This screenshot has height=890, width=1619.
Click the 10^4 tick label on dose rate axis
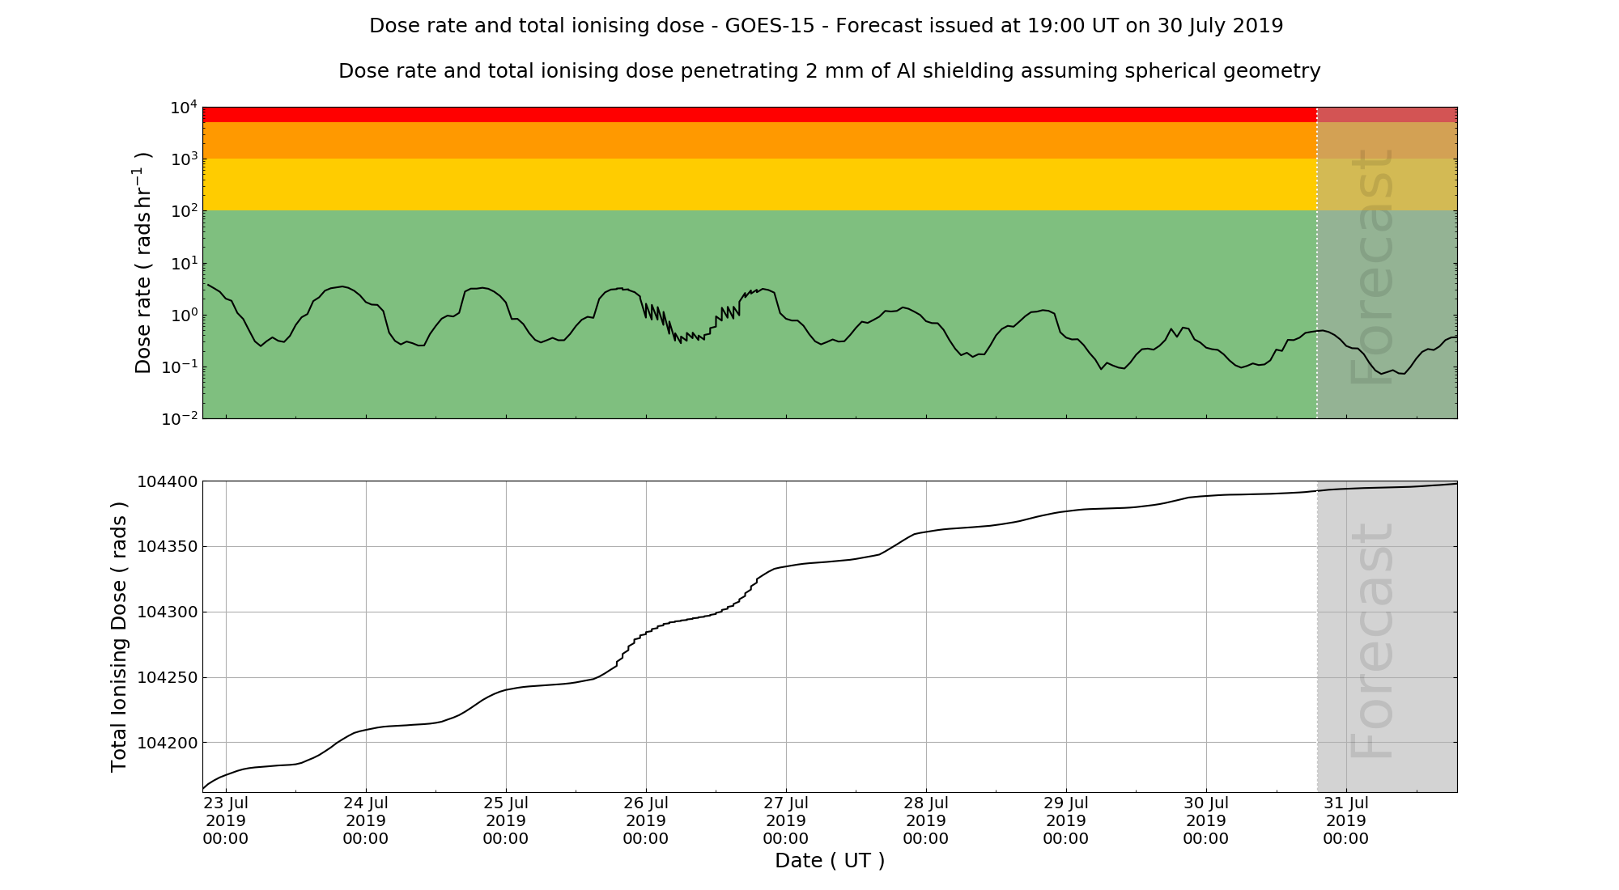[x=183, y=108]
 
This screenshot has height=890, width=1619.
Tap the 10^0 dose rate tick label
[x=183, y=316]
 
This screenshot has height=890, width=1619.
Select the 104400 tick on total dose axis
[x=167, y=482]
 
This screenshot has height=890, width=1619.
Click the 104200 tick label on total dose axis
[x=167, y=743]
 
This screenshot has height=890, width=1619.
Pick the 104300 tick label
[x=167, y=612]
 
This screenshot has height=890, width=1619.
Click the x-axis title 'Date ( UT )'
[x=830, y=861]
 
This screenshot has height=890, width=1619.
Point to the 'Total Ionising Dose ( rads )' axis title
[x=119, y=637]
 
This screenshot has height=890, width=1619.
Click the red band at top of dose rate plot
[x=729, y=114]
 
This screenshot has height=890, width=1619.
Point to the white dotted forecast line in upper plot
[x=1317, y=267]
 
